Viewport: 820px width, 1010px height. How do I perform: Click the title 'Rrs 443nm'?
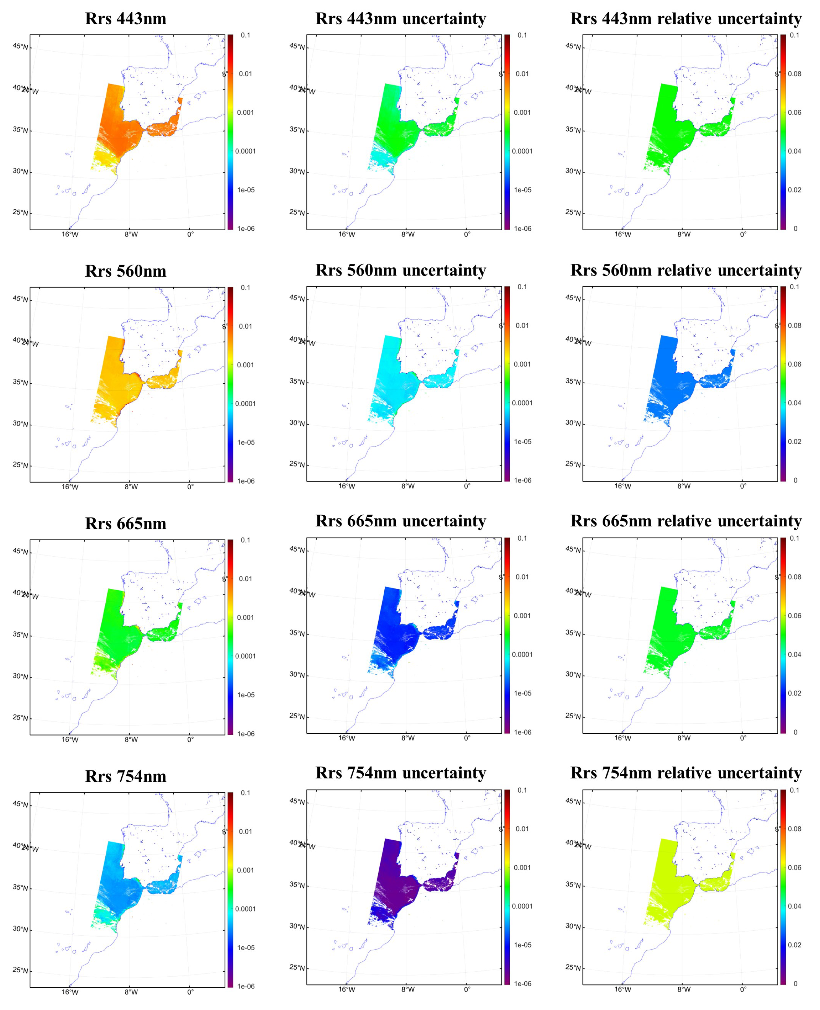tap(126, 19)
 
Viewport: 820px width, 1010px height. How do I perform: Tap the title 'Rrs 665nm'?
tap(126, 524)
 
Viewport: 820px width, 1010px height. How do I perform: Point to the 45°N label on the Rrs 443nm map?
tap(20, 46)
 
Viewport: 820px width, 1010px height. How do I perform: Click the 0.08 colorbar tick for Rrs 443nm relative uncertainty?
tap(795, 74)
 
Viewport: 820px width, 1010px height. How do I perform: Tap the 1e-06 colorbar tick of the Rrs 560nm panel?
tap(246, 481)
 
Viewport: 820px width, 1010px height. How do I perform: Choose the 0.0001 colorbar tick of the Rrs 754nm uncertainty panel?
tap(522, 906)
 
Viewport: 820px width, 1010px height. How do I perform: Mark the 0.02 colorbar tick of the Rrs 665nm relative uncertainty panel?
tap(795, 693)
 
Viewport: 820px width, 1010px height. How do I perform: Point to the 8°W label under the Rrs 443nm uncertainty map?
tap(408, 235)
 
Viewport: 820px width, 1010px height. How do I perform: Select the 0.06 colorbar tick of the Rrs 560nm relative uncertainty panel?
tap(795, 364)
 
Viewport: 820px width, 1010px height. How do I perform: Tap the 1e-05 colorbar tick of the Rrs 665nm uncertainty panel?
tap(522, 693)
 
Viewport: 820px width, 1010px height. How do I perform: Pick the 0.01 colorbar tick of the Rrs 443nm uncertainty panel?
tap(522, 74)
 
